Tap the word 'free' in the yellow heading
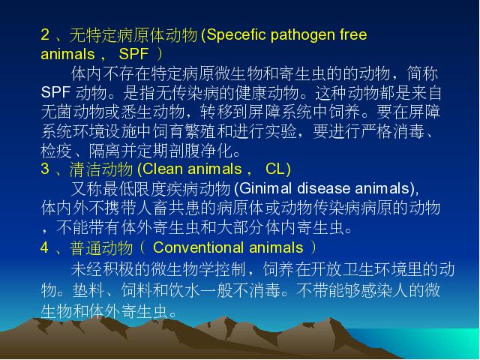pos(353,34)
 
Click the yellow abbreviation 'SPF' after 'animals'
pos(133,54)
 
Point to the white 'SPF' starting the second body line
pos(55,91)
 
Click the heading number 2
pos(45,34)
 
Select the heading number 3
pos(45,169)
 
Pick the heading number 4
pos(45,247)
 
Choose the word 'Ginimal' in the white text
pos(265,188)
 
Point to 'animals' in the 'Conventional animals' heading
pos(276,247)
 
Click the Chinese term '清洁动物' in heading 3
pos(101,169)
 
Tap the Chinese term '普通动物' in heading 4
pos(101,247)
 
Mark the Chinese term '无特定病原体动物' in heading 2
pos(133,35)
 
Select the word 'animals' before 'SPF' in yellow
pos(67,54)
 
